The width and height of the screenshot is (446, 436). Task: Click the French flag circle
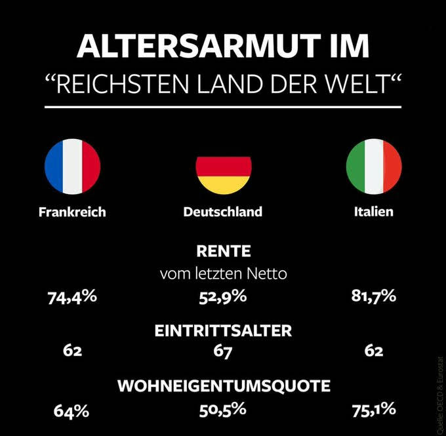coord(72,167)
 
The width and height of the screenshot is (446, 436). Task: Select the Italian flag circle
coord(374,167)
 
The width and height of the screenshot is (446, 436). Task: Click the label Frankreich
coord(72,212)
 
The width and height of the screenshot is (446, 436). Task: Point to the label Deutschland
coord(223,212)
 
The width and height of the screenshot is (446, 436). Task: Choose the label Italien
coord(374,212)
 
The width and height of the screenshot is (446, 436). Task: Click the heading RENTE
coord(223,250)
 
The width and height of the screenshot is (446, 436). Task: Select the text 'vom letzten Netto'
coord(223,273)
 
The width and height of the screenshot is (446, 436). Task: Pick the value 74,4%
coord(72,297)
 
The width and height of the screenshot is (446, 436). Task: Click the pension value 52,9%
coord(223,297)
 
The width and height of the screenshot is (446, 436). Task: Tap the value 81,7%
coord(374,297)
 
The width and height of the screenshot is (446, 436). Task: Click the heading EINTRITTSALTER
coord(223,330)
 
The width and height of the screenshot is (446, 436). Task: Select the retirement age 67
coord(223,351)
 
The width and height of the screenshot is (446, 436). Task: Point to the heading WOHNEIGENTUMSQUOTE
coord(223,386)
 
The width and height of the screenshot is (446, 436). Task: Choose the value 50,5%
coord(223,410)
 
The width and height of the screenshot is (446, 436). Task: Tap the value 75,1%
coord(374,410)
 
